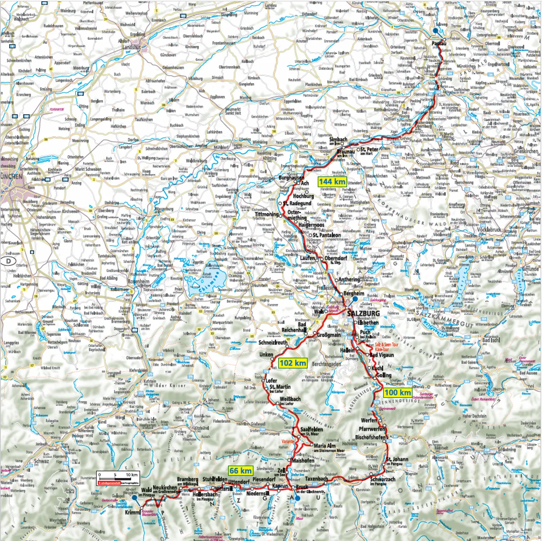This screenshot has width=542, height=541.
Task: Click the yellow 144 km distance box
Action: pos(332,182)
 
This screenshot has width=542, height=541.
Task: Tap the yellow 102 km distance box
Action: pos(293,363)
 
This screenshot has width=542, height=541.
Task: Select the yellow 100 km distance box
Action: pos(398,392)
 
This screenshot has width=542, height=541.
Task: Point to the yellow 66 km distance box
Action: pos(240,471)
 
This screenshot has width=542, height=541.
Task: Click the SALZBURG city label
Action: pos(363,313)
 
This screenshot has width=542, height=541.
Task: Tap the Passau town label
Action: pos(439,43)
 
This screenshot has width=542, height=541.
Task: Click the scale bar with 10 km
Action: pos(118,478)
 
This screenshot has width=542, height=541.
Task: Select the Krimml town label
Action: pos(133,512)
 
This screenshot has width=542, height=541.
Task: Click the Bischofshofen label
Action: pos(371,437)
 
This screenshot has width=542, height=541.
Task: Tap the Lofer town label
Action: pos(271,381)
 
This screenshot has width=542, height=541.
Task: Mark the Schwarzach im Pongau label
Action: pos(382,480)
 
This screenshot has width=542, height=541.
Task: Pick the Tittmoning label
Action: pos(267,214)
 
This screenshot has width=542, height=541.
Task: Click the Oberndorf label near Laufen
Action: pos(336,258)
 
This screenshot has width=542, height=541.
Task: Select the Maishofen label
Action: pos(303,460)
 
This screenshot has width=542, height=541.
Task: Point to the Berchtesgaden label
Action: pos(326,364)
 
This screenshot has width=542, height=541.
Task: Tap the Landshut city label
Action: pos(132,47)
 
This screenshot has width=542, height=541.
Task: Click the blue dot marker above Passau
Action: pos(435,31)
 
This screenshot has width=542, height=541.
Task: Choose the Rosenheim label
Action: pos(139,282)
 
